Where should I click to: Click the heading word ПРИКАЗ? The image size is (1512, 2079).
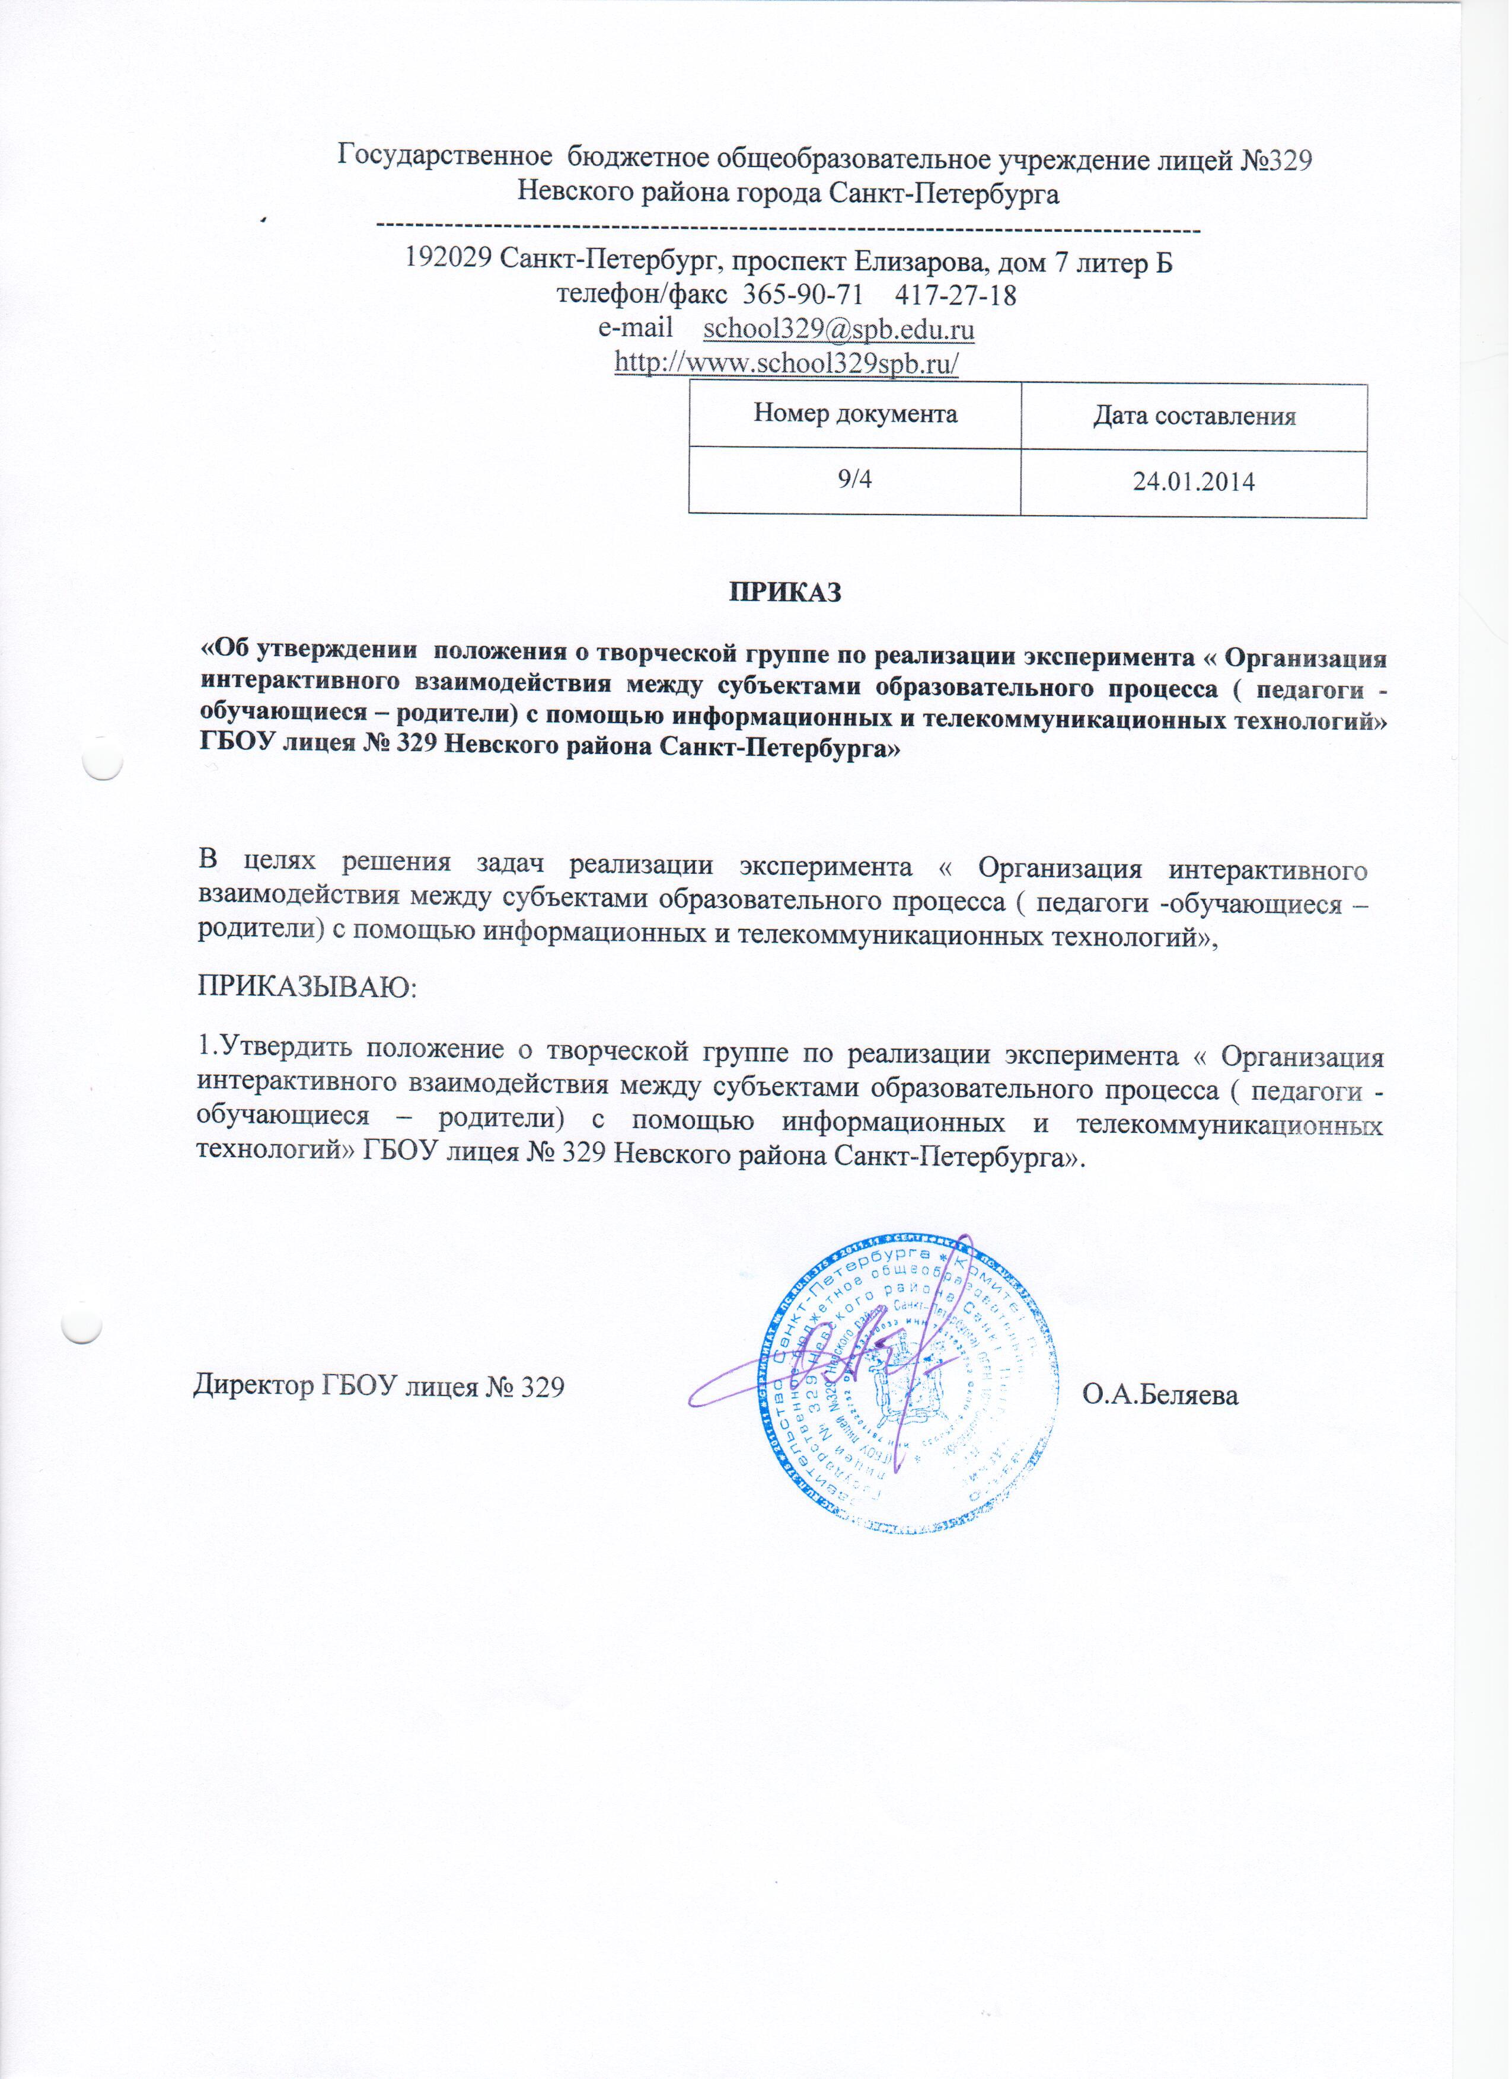[x=785, y=593]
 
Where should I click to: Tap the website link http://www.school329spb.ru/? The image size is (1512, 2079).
[x=786, y=363]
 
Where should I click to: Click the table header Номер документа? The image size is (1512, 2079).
[x=854, y=414]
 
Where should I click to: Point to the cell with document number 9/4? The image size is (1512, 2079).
[x=854, y=478]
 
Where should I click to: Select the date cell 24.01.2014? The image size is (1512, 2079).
[x=1194, y=482]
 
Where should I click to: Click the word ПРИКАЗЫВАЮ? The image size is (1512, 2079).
[x=307, y=989]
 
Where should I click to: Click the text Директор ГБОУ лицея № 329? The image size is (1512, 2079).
[x=379, y=1387]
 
